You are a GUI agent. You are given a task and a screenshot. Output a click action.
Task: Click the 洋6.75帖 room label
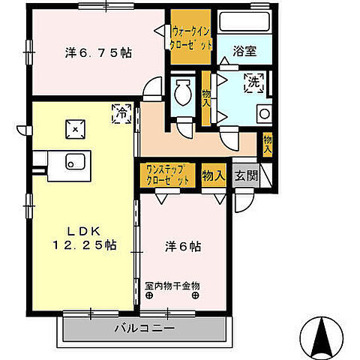click(x=98, y=53)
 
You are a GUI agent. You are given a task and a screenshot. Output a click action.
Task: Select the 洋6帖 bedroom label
click(x=183, y=245)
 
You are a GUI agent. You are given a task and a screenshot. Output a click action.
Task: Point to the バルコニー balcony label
click(x=145, y=328)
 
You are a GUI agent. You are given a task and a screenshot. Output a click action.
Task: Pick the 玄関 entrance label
click(x=245, y=176)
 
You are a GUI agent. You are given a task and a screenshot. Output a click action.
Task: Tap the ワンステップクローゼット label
click(x=169, y=175)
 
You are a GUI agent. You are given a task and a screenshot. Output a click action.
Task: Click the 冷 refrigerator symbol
click(x=121, y=114)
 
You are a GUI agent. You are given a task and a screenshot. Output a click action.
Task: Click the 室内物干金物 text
click(x=172, y=286)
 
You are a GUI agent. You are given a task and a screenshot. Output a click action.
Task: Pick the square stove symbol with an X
click(x=76, y=128)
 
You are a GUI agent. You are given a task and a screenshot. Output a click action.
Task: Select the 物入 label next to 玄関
click(x=214, y=176)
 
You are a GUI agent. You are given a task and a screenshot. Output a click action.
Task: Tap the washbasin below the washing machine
click(x=265, y=114)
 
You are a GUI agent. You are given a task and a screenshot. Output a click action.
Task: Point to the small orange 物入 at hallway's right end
click(x=268, y=141)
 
